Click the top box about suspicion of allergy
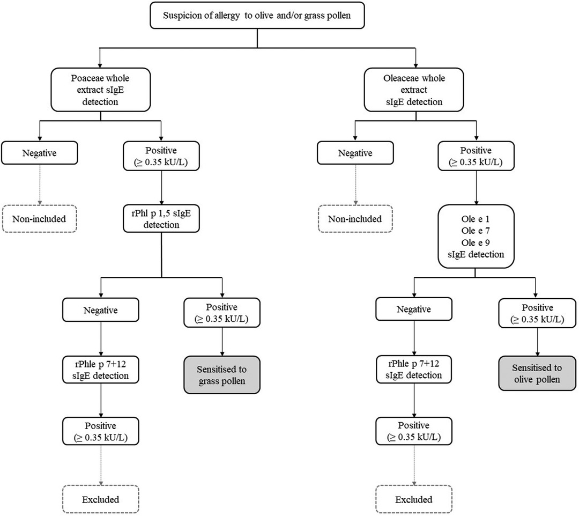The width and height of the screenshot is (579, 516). [x=258, y=16]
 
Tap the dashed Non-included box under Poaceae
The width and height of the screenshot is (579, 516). [x=40, y=219]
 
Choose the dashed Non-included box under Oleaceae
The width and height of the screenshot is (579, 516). [x=355, y=219]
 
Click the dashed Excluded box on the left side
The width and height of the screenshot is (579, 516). [x=100, y=499]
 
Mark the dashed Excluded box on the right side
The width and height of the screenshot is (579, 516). [x=414, y=499]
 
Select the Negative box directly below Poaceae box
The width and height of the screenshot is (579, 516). [x=40, y=153]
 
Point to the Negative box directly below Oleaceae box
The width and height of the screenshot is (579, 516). [x=355, y=153]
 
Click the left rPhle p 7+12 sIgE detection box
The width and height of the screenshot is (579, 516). [x=100, y=370]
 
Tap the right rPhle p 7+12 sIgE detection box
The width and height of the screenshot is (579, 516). [x=414, y=370]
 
